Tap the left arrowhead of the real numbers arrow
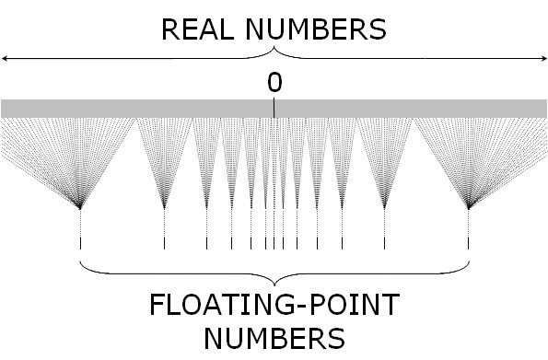5,58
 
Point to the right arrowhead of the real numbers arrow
543,58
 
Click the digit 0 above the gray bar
274,83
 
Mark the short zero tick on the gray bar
274,109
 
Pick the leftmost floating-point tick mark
81,243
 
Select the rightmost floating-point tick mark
469,243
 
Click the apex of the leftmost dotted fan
81,207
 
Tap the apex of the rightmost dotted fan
469,207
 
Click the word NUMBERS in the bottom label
274,337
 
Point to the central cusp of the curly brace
274,282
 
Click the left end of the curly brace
81,261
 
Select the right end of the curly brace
470,261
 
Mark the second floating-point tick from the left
164,243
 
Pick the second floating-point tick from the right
384,243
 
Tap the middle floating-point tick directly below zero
274,243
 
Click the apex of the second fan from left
164,207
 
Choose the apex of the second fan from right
384,207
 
